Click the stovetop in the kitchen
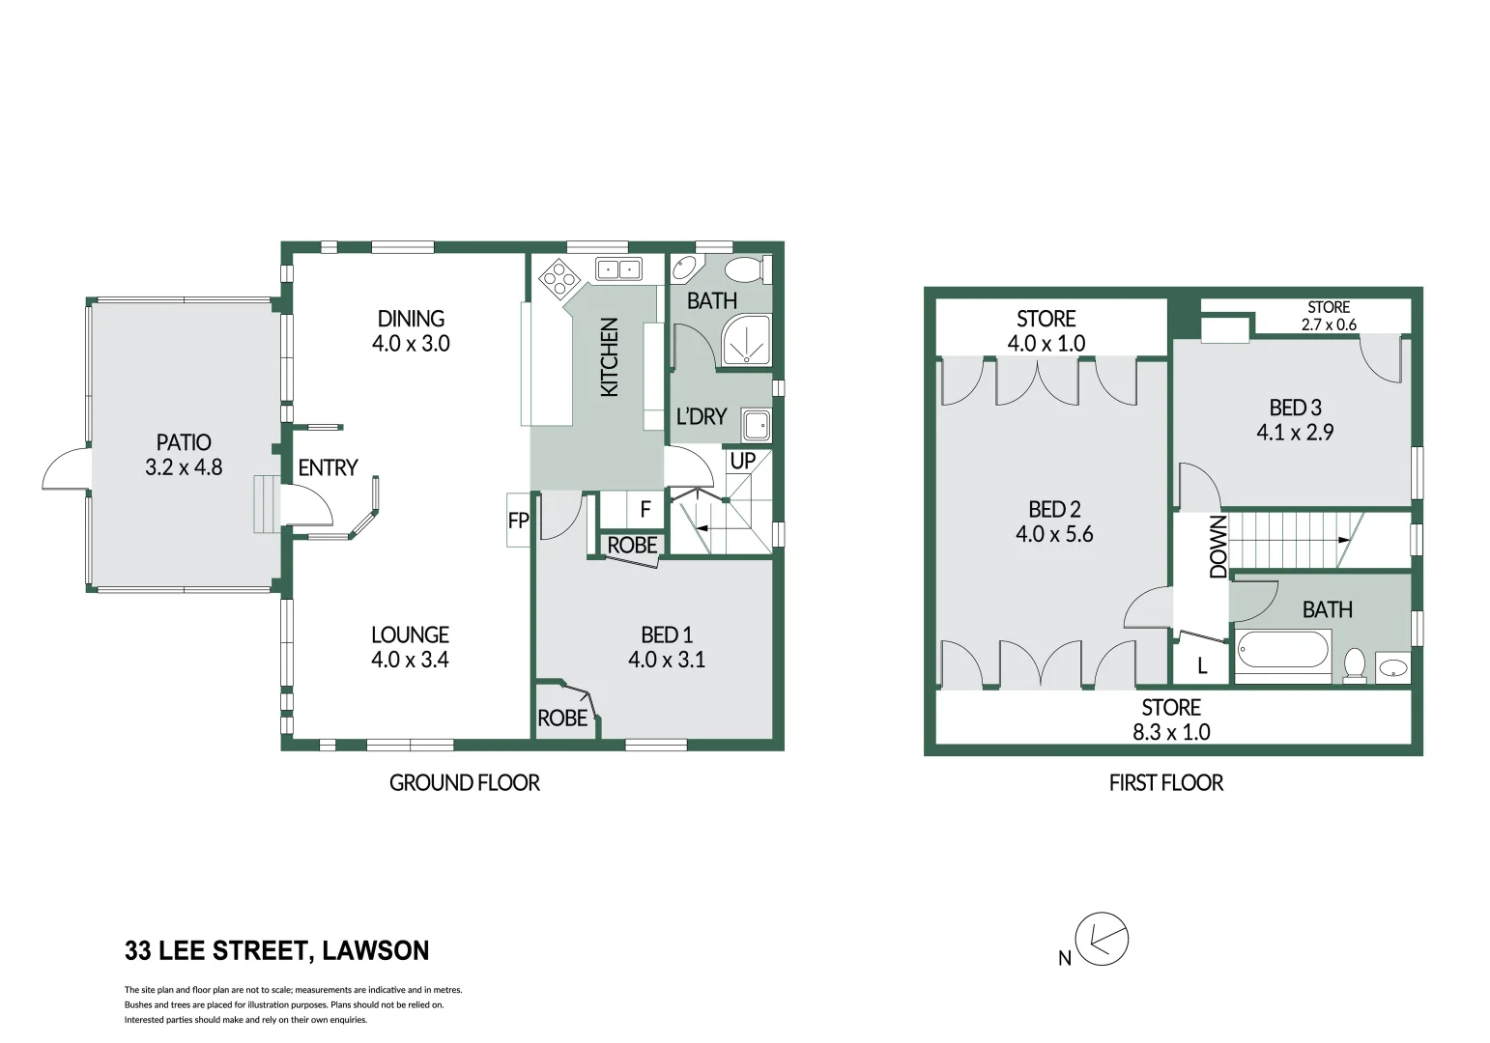(559, 279)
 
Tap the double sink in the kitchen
(618, 269)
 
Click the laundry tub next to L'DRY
(757, 426)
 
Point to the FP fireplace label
(518, 521)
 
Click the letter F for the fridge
(645, 510)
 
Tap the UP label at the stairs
(742, 461)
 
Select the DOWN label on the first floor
(1218, 548)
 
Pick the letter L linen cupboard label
(1202, 666)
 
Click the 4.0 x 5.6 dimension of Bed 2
(1054, 534)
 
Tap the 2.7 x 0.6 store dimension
(1329, 325)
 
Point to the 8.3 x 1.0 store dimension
(1171, 732)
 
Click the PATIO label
(184, 442)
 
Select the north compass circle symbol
(1103, 939)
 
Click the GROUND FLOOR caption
(464, 783)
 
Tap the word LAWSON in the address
(376, 950)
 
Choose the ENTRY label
(328, 468)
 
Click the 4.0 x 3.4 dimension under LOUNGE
(411, 660)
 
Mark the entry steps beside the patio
(267, 504)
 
